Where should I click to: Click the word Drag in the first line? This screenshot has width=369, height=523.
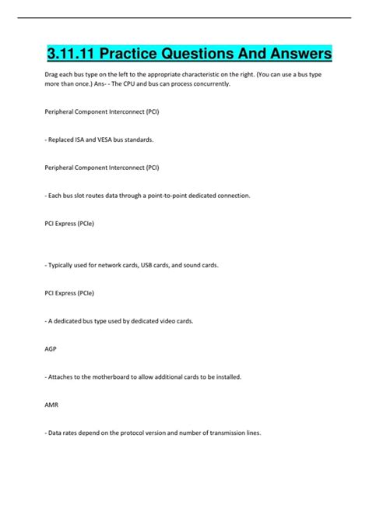pyautogui.click(x=52, y=74)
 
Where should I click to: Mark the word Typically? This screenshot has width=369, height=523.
pyautogui.click(x=63, y=265)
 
